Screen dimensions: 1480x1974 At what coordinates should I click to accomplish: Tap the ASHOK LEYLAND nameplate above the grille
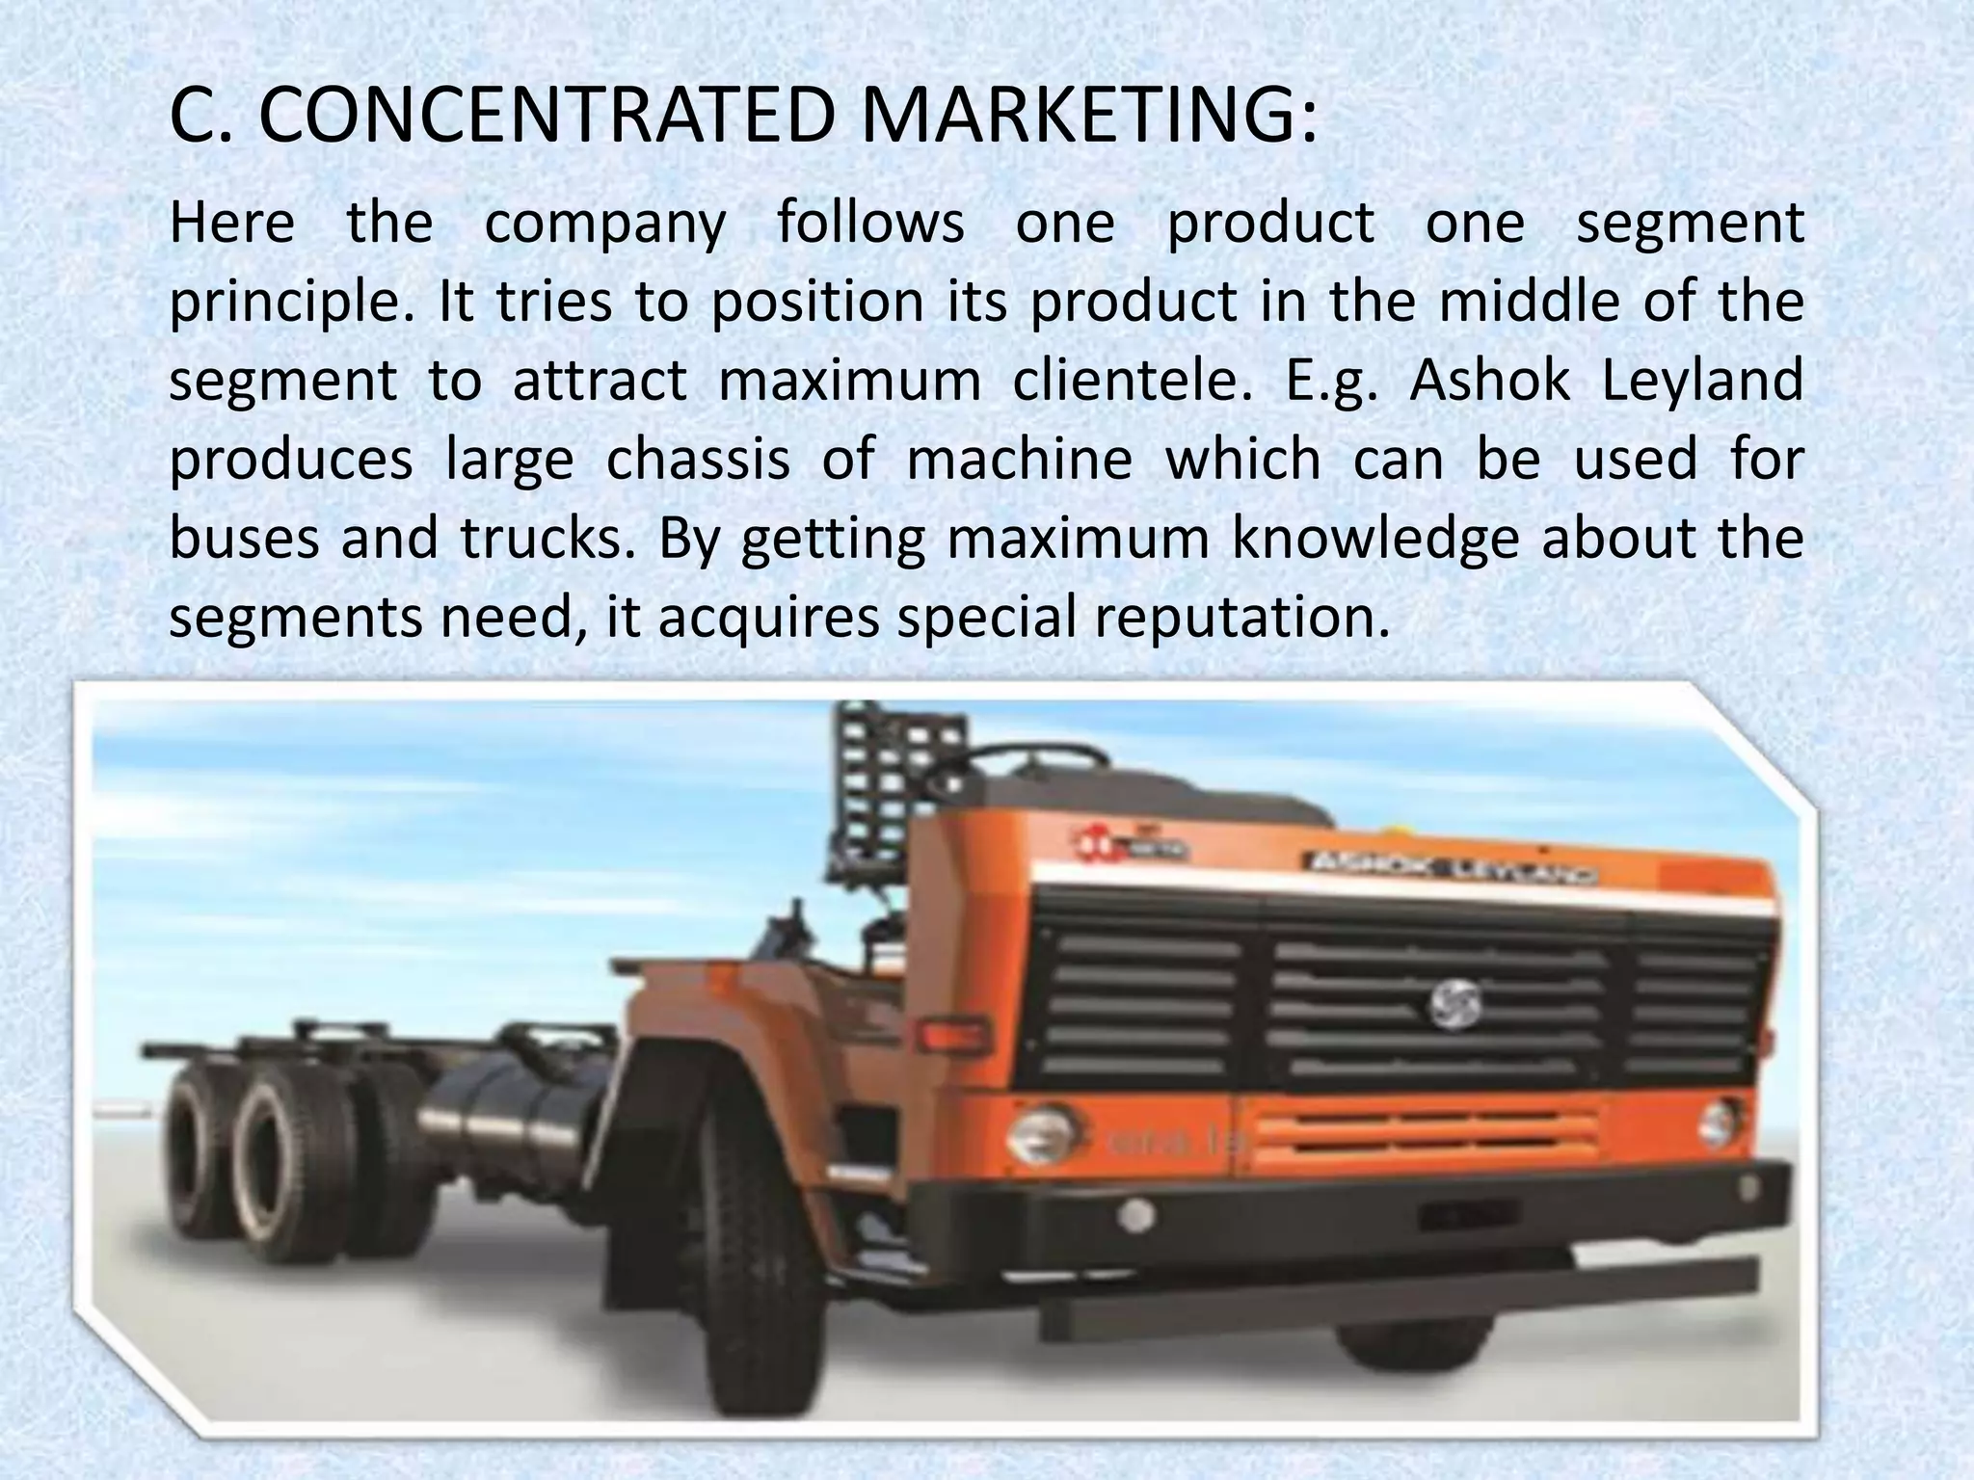[1447, 866]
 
